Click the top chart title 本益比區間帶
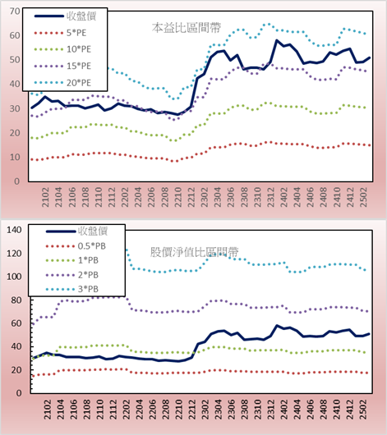(187, 28)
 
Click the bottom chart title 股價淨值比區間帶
(195, 252)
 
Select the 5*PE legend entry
(61, 33)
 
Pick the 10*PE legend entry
(62, 49)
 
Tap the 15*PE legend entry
(62, 66)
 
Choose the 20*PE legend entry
(62, 83)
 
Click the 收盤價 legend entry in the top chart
(65, 16)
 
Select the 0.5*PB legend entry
(76, 246)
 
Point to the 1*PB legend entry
(72, 260)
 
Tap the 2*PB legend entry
(72, 275)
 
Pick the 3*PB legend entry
(72, 289)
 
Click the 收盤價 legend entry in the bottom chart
(77, 231)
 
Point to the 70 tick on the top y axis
(15, 11)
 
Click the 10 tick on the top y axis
(15, 158)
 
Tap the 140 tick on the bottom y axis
(14, 230)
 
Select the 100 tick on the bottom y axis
(14, 277)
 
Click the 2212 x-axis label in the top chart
(191, 197)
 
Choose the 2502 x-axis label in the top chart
(363, 197)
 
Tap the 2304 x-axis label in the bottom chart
(219, 410)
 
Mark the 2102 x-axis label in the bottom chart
(47, 410)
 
